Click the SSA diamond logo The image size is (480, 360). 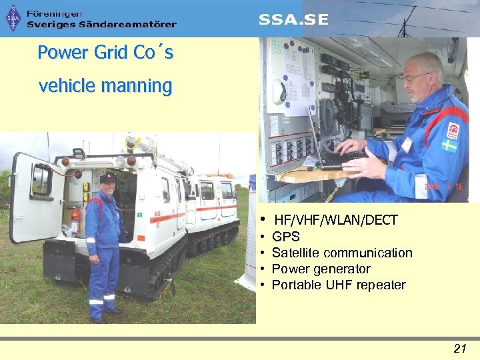click(13, 18)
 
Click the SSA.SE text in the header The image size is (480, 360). click(293, 19)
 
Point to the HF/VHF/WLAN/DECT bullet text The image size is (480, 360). click(335, 220)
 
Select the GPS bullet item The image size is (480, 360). click(286, 237)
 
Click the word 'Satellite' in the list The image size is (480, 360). click(297, 253)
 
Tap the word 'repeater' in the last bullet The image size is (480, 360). click(381, 285)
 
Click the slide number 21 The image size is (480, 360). click(459, 347)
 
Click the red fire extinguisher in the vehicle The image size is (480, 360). click(75, 219)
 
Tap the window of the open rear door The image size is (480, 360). click(41, 181)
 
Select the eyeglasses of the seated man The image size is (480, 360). click(415, 78)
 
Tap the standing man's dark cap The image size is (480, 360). click(107, 178)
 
